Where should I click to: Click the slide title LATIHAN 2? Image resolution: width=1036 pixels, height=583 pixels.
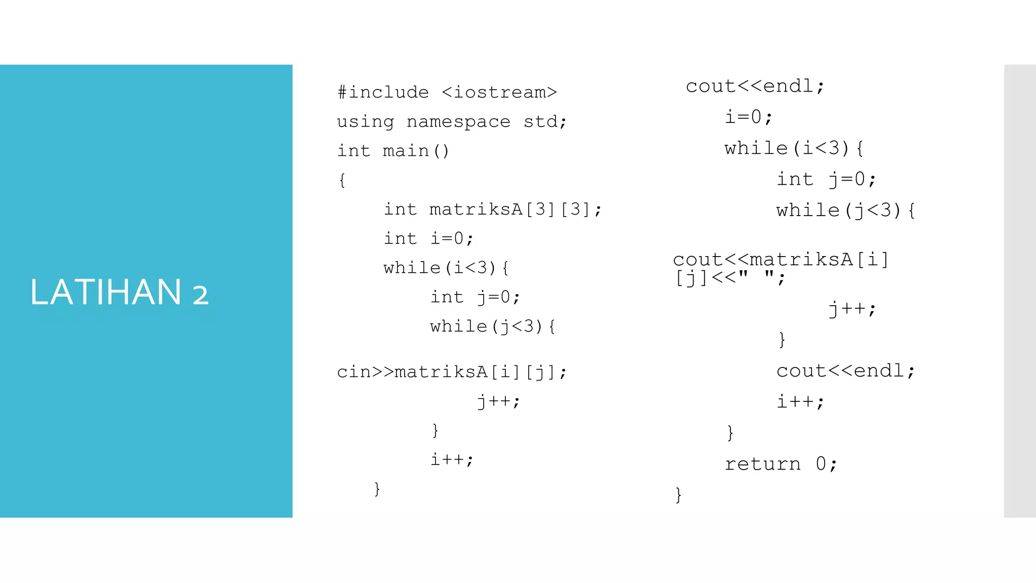click(119, 293)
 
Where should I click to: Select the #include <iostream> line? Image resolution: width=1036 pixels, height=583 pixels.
click(447, 92)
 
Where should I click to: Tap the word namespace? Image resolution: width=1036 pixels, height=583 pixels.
click(458, 121)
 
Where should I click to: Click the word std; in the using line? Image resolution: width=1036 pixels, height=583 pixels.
click(545, 121)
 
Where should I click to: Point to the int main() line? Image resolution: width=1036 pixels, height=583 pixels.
click(393, 151)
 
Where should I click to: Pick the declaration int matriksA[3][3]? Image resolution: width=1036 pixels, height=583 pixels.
click(493, 209)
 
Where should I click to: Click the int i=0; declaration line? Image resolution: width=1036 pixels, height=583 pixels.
click(428, 238)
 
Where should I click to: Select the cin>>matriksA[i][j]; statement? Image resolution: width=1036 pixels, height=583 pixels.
click(452, 372)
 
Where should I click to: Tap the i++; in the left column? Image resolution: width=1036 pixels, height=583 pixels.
click(452, 460)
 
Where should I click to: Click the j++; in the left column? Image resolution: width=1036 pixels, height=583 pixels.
click(498, 401)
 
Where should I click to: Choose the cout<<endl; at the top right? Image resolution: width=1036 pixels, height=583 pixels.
click(755, 86)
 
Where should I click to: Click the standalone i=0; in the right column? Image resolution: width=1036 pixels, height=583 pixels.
click(749, 117)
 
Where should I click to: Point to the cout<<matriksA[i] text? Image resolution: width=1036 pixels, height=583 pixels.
click(781, 260)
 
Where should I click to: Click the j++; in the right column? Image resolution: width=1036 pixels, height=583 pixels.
click(852, 308)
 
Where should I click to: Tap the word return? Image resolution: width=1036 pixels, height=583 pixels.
click(762, 464)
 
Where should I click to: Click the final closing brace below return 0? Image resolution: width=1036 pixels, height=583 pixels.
click(678, 494)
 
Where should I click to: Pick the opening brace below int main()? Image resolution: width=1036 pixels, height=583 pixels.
click(342, 180)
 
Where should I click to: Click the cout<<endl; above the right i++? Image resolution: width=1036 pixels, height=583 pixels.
click(846, 371)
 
